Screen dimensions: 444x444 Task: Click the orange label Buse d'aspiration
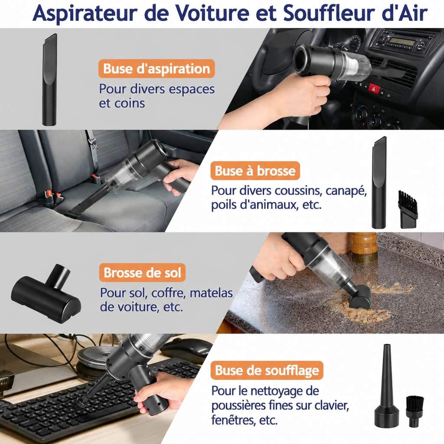click(x=157, y=69)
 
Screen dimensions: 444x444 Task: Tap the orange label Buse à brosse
click(x=255, y=171)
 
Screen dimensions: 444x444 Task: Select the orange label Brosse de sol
click(x=142, y=272)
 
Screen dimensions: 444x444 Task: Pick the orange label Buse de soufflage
click(x=267, y=370)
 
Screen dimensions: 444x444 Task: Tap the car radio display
click(x=401, y=42)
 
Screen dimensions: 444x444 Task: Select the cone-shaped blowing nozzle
click(x=386, y=386)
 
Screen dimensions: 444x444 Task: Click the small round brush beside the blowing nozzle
click(x=415, y=412)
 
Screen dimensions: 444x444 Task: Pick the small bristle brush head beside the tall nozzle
click(x=408, y=209)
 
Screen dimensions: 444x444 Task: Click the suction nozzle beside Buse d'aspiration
click(x=49, y=80)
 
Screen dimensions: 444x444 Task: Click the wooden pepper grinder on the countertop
click(x=364, y=248)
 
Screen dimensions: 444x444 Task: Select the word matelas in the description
click(x=211, y=293)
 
